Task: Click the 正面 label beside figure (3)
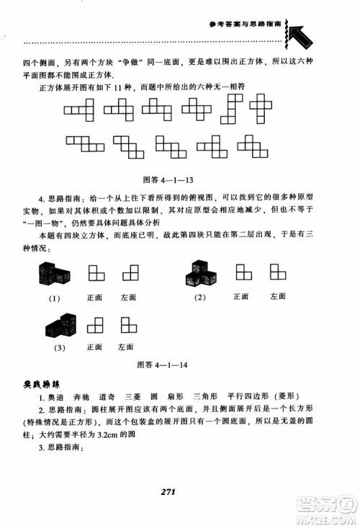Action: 95,346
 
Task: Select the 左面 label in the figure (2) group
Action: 277,296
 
